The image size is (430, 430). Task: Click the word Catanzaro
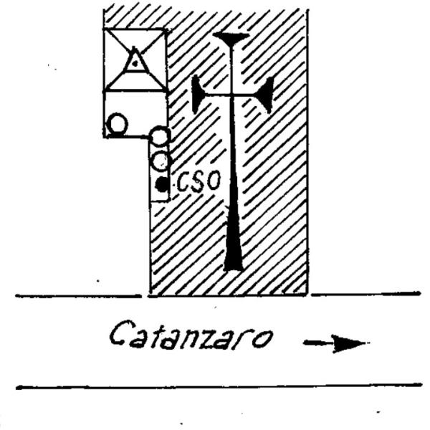coord(191,335)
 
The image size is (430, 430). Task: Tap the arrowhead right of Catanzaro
coord(349,343)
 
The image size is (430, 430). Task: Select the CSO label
coord(199,181)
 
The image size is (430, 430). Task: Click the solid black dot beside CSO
coord(161,185)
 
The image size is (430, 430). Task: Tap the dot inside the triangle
coord(135,64)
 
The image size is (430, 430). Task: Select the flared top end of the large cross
coord(231,38)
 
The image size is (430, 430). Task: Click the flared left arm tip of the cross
coord(195,94)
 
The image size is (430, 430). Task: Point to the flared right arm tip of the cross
coord(268,95)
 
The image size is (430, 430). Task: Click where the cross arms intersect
coord(232,95)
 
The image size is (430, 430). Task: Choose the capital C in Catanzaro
coord(118,334)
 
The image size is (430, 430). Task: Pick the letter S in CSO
coord(197,182)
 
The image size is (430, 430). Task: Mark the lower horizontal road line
coord(219,386)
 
